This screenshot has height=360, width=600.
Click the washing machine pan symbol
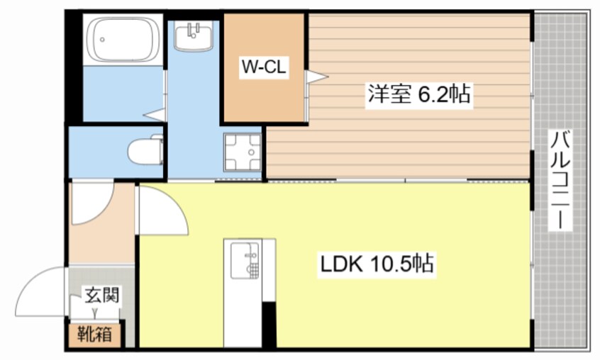point(243,153)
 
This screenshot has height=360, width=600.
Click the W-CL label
point(264,69)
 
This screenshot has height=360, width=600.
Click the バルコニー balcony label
point(562,181)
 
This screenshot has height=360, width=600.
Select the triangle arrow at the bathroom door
point(154,114)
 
